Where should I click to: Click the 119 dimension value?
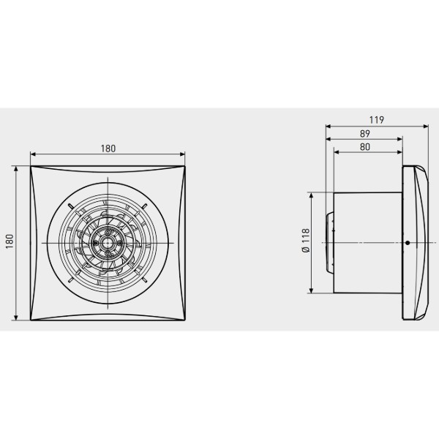pos(376,120)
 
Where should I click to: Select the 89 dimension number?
pos(365,134)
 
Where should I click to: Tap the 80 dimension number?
pos(365,147)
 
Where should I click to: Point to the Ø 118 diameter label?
pos(306,241)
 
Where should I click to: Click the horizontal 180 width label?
pos(108,149)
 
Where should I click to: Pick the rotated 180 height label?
pos(10,241)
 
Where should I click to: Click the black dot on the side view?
pos(408,243)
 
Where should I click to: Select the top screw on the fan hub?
pos(108,233)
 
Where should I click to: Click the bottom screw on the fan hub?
pos(108,253)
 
